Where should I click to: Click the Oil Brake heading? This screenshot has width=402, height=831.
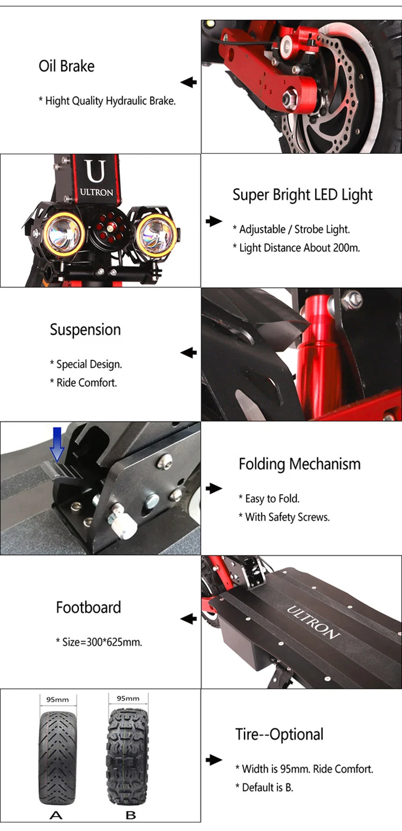(x=66, y=66)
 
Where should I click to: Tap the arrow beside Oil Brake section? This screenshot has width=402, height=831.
(x=189, y=82)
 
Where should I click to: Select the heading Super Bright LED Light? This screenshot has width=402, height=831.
(x=302, y=195)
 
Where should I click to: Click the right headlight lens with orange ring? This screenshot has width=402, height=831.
(x=155, y=234)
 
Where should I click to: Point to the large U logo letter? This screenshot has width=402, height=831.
(x=96, y=171)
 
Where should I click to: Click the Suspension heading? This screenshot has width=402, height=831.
(x=85, y=330)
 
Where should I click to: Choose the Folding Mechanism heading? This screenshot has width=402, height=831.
(x=300, y=464)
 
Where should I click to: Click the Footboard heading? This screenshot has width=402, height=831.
(x=88, y=607)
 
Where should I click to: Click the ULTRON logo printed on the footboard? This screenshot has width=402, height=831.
(x=313, y=622)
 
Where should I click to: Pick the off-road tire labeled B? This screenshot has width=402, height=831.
(x=128, y=757)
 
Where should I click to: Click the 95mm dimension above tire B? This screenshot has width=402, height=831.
(x=128, y=698)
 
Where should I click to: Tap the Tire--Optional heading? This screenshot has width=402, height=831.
(x=279, y=734)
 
